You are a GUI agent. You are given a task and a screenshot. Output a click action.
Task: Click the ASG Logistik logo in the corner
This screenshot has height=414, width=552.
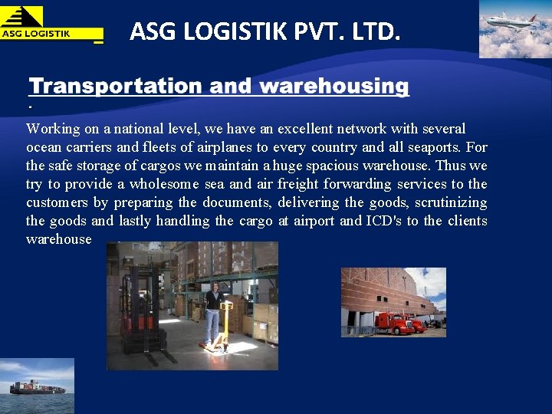coord(51,23)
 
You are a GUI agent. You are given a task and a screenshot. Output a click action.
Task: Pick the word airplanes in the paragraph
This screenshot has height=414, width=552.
coord(227,147)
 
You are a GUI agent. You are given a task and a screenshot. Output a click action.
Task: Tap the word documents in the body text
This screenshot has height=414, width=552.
coord(235,202)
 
